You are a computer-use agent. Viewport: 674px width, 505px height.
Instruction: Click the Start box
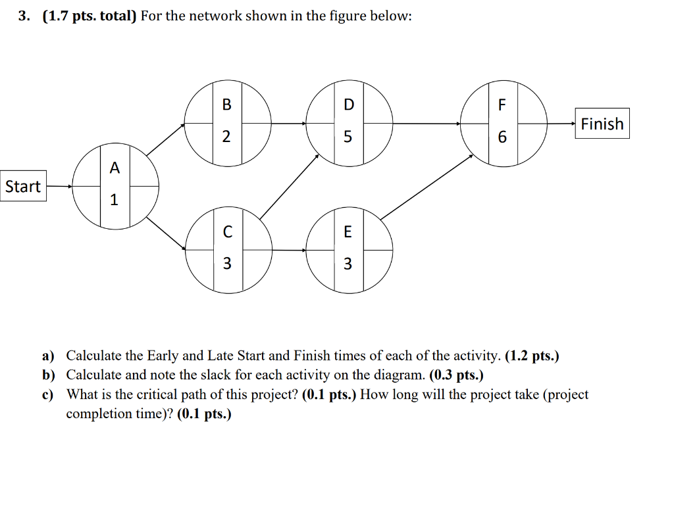pyautogui.click(x=23, y=187)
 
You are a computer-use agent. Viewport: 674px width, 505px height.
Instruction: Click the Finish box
pyautogui.click(x=602, y=124)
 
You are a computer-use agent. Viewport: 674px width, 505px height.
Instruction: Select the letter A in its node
pyautogui.click(x=115, y=168)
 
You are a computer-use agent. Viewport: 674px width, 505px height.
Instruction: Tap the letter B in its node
pyautogui.click(x=227, y=105)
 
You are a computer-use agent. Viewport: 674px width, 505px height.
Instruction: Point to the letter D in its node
pyautogui.click(x=348, y=105)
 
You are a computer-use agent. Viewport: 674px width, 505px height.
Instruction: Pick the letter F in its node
pyautogui.click(x=503, y=105)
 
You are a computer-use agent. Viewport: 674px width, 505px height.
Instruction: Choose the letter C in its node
pyautogui.click(x=227, y=231)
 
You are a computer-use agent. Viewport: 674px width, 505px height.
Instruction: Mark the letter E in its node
pyautogui.click(x=348, y=231)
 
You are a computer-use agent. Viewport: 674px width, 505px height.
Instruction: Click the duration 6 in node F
pyautogui.click(x=503, y=137)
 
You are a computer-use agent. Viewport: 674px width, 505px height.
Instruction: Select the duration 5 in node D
pyautogui.click(x=348, y=137)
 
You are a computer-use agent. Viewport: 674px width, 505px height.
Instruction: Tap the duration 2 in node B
pyautogui.click(x=226, y=137)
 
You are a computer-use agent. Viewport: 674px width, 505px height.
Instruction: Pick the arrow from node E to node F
pyautogui.click(x=427, y=186)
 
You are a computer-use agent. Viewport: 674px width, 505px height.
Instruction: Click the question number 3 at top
pyautogui.click(x=24, y=16)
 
